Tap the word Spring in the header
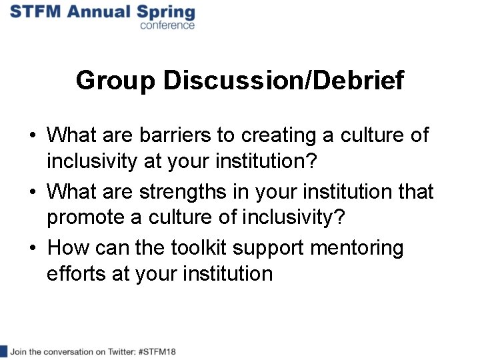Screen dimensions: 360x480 pyautogui.click(x=166, y=13)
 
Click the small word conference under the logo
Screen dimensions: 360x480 pyautogui.click(x=167, y=25)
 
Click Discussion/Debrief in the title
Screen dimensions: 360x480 pyautogui.click(x=284, y=81)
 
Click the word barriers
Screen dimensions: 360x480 pyautogui.click(x=175, y=135)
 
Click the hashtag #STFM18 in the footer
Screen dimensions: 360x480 pyautogui.click(x=157, y=351)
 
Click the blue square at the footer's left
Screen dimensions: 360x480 pyautogui.click(x=3, y=351)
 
